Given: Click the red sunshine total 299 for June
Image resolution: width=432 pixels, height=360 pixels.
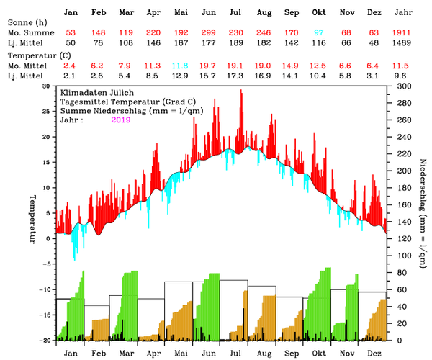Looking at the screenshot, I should [x=209, y=33].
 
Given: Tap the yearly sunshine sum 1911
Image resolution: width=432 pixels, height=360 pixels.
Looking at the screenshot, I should [x=404, y=33].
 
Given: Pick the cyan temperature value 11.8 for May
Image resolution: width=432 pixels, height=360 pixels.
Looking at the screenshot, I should [x=181, y=66].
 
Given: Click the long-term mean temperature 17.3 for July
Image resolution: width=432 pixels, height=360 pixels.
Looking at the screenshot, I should [x=235, y=76].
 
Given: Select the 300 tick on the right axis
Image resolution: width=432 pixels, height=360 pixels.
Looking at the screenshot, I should [x=400, y=86].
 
